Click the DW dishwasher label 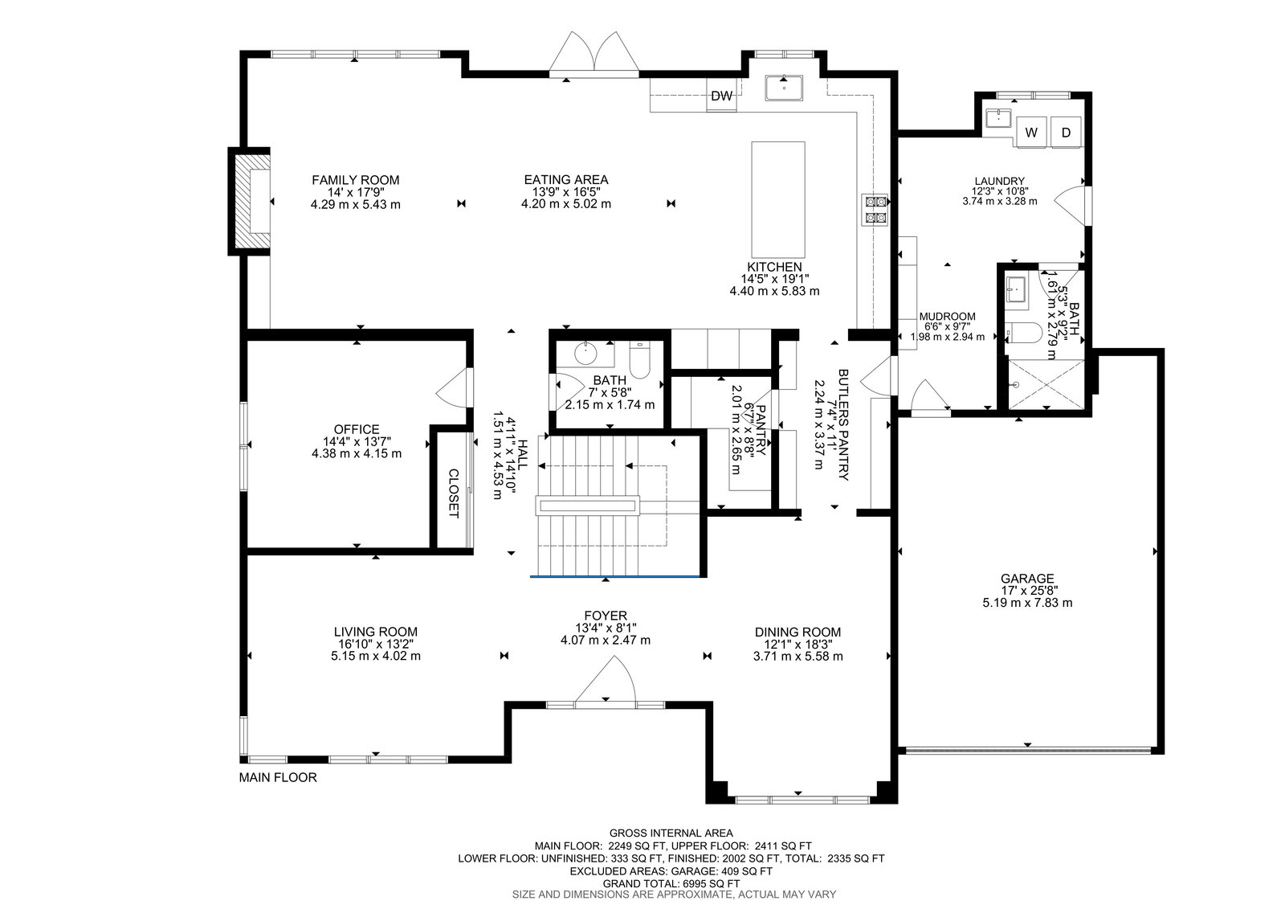click(721, 96)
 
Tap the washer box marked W click(1031, 132)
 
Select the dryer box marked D click(1066, 132)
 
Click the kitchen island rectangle click(778, 199)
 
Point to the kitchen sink click(784, 88)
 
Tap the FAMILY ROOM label click(356, 180)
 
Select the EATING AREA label click(566, 180)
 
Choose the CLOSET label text click(453, 493)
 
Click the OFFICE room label click(357, 429)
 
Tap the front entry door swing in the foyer click(606, 678)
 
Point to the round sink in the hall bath click(585, 353)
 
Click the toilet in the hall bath click(639, 359)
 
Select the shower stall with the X click(1046, 384)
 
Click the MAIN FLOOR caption click(278, 777)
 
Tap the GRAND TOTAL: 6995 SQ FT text click(671, 883)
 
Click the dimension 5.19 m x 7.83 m click(1027, 602)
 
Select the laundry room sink click(999, 118)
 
